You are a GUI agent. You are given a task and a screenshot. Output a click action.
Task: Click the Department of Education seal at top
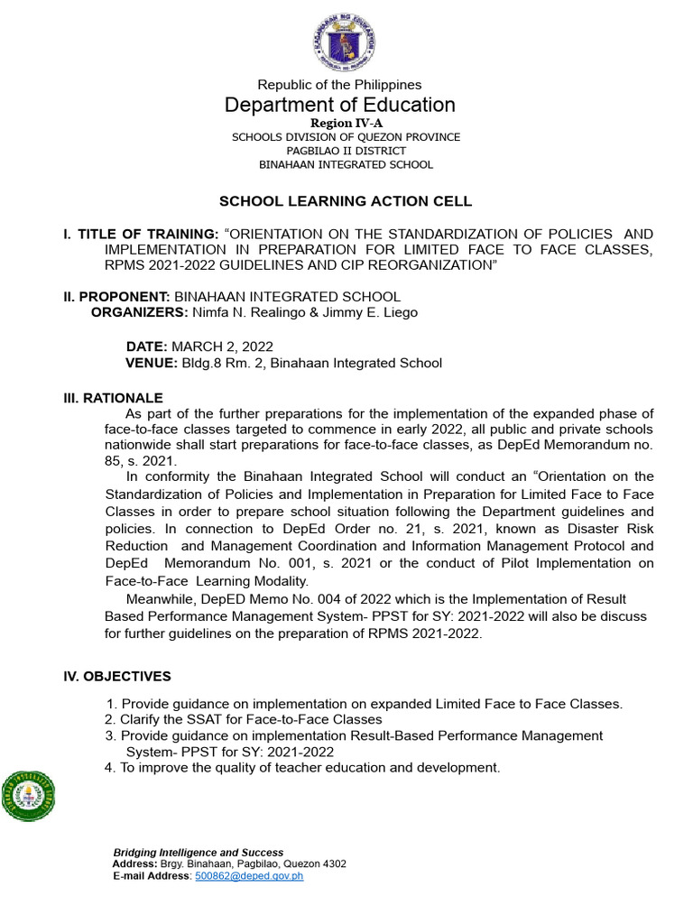coord(346,43)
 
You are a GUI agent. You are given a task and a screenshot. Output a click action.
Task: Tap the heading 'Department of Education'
coord(340,105)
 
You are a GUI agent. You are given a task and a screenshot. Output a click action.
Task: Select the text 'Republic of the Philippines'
coord(340,85)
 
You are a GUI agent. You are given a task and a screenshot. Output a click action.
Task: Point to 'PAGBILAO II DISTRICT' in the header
coord(346,151)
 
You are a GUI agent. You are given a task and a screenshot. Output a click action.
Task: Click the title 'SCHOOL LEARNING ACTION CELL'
coord(346,201)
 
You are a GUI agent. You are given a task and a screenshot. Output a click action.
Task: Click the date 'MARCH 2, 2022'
coord(222,346)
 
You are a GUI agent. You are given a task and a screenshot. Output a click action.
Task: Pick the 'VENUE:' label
coord(151,363)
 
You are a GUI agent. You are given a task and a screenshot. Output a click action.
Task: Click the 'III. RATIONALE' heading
coord(113,398)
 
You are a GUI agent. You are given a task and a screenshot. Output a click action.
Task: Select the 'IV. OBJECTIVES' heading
coord(116,676)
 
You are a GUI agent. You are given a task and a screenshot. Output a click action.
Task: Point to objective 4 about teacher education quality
coord(302,767)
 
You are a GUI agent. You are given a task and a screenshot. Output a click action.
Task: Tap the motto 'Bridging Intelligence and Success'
coord(198,852)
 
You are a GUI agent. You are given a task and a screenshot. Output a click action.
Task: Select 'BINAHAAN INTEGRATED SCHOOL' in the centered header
coord(346,164)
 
